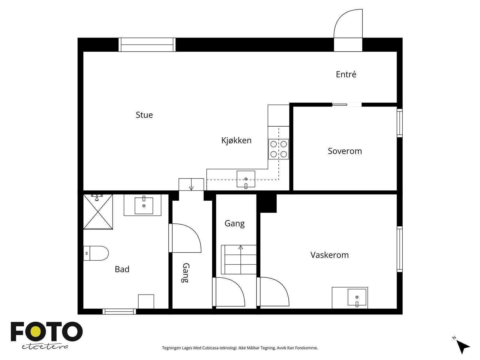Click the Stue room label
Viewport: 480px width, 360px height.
(144, 115)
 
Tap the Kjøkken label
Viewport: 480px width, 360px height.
(236, 140)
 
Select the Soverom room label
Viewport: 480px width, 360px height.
(345, 151)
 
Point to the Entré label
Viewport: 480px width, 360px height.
(346, 74)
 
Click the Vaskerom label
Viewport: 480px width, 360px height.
(329, 255)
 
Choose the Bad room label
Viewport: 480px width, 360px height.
(122, 269)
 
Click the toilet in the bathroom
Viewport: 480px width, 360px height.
(96, 253)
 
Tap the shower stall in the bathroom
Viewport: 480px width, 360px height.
(98, 211)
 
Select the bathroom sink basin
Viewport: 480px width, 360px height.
(144, 205)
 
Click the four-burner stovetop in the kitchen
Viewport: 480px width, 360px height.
(279, 149)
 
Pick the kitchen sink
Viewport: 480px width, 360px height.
(246, 179)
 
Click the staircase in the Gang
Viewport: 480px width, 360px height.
(239, 259)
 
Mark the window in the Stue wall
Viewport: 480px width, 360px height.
(147, 45)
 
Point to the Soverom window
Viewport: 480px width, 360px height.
(400, 123)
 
